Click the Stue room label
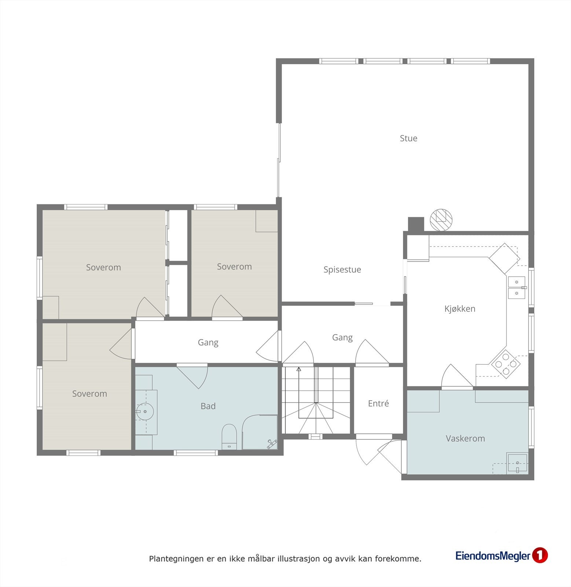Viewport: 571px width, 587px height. [408, 138]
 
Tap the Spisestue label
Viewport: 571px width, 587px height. [342, 270]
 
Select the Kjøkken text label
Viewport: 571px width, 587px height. [460, 309]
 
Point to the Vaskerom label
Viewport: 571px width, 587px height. [465, 438]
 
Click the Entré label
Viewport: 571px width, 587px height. [378, 404]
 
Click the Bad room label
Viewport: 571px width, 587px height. [208, 406]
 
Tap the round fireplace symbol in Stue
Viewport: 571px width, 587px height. [441, 220]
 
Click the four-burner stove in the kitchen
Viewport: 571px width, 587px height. [506, 364]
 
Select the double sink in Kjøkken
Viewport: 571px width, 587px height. [517, 287]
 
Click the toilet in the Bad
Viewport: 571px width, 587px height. [229, 436]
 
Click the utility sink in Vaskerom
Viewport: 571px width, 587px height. [517, 463]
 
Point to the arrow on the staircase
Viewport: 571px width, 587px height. [299, 369]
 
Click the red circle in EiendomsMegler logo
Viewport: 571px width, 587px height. [539, 555]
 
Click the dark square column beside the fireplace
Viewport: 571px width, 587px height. [416, 224]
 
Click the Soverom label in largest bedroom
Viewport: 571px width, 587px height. [103, 267]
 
